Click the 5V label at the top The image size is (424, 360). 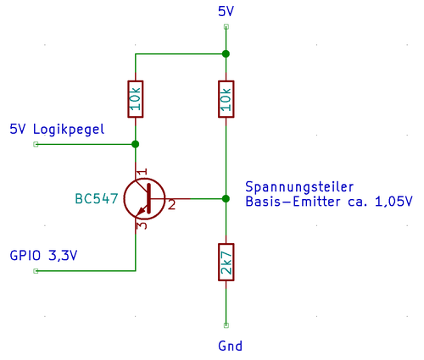click(226, 12)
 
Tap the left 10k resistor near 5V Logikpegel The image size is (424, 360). click(136, 99)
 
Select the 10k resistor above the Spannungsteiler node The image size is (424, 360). click(226, 99)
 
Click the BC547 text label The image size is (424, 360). click(97, 199)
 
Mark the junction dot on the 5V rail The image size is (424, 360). click(226, 54)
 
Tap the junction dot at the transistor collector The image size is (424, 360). click(136, 144)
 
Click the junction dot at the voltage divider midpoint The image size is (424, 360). click(226, 198)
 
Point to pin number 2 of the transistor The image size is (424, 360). click(171, 204)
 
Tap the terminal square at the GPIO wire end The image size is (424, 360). click(36, 271)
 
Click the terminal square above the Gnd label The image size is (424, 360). click(226, 325)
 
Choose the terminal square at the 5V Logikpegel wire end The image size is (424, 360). click(36, 144)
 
